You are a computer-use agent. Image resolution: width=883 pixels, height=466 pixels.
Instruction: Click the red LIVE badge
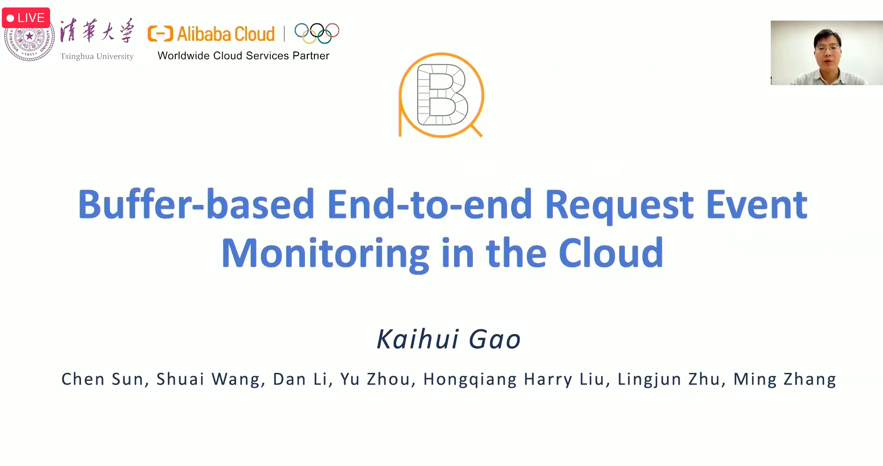26,18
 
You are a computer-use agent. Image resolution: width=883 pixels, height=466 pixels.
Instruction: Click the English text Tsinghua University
97,56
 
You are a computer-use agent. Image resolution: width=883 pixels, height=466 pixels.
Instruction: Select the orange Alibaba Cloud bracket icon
160,34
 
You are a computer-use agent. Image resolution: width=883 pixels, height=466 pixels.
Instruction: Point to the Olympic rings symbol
317,33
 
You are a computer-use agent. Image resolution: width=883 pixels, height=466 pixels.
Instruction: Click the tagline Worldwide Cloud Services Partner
243,56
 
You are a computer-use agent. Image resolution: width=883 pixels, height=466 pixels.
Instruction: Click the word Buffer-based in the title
196,204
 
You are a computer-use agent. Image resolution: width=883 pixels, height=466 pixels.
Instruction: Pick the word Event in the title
757,204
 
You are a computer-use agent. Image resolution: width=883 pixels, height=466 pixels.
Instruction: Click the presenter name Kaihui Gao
449,339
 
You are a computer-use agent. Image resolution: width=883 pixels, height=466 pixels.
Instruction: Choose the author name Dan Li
300,379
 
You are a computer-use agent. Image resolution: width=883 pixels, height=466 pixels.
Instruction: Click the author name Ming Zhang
785,379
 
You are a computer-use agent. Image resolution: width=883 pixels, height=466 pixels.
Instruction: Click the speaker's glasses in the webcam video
827,48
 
